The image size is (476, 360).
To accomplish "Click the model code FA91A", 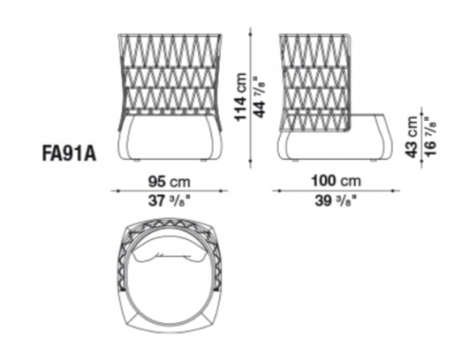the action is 69,153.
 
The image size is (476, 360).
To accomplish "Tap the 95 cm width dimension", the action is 169,182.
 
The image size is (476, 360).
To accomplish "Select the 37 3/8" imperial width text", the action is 169,201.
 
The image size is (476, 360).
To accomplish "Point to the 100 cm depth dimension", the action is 336,181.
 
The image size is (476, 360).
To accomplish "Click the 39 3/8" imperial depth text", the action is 335,201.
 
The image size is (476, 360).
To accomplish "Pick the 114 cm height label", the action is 240,97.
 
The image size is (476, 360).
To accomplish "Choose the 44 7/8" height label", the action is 259,97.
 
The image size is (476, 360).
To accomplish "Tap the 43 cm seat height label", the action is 412,136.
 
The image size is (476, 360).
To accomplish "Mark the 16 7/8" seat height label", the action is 430,136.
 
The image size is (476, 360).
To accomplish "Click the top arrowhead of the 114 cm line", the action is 250,30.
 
